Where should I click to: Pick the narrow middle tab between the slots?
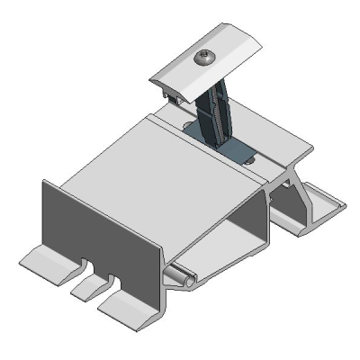[88, 287]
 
